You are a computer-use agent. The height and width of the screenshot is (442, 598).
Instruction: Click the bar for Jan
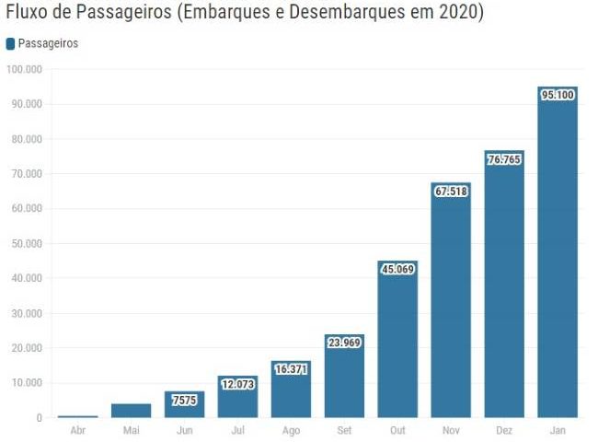point(558,258)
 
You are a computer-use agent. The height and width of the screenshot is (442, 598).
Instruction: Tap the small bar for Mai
point(131,411)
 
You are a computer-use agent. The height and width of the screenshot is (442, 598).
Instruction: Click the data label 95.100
point(558,94)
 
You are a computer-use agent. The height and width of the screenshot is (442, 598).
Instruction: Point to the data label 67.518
point(451,191)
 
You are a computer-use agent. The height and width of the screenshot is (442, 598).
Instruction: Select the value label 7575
point(184,400)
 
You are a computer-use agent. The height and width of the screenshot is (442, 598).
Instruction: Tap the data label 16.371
point(291,368)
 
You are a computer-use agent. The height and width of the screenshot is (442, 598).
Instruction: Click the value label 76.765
point(504,158)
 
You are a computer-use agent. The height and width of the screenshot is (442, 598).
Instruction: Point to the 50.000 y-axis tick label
point(27,244)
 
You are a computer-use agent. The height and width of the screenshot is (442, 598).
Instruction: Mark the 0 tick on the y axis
point(39,418)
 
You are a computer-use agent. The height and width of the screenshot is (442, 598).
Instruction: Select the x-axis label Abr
point(77,430)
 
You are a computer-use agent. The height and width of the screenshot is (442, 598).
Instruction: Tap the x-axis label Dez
point(504,430)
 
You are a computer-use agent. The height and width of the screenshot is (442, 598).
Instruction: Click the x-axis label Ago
point(291,430)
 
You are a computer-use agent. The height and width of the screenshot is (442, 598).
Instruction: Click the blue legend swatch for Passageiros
point(10,43)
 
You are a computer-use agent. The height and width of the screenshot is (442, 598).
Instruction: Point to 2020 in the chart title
point(459,14)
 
